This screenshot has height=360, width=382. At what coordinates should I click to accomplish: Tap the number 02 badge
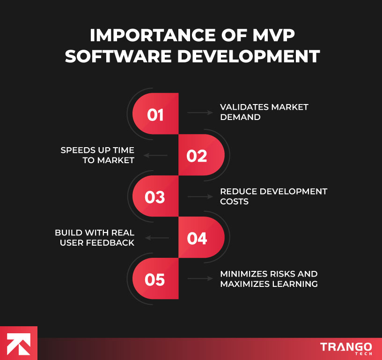197,156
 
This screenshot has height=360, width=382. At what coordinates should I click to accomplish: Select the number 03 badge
155,197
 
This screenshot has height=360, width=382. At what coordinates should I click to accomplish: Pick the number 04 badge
197,238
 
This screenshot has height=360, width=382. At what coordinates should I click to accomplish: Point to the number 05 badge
155,280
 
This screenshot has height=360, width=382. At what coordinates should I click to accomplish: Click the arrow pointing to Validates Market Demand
200,112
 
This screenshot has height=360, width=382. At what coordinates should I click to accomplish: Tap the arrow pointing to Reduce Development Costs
200,196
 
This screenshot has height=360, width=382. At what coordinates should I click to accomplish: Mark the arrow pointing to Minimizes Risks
200,279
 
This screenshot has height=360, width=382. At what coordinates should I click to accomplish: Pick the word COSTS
234,202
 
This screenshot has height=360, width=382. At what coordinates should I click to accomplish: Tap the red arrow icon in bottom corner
19,343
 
